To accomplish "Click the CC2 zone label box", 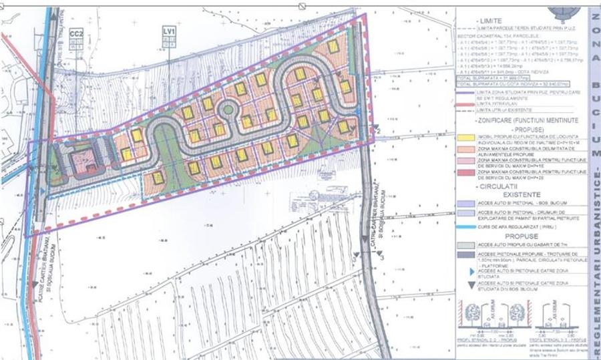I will [x=77, y=33].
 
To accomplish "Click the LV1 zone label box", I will [x=169, y=31].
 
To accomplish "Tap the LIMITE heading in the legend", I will [x=492, y=21].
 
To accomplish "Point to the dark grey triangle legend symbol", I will [x=465, y=285].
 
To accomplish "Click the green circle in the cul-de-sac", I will [x=228, y=109].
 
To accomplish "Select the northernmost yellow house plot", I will [x=333, y=46].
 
